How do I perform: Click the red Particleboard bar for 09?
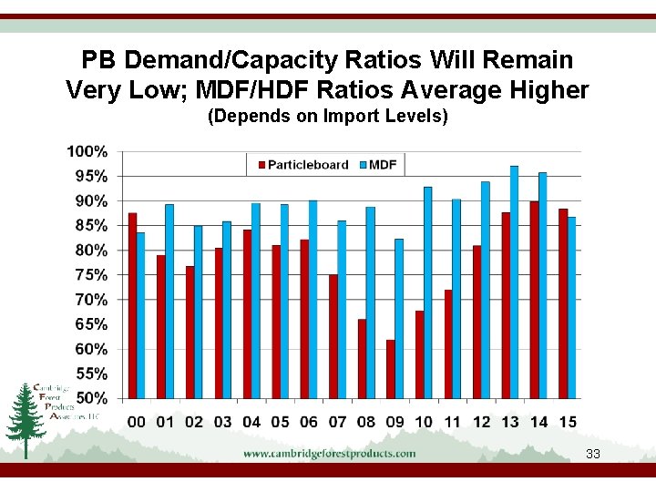pyautogui.click(x=391, y=369)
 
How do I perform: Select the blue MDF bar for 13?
pyautogui.click(x=515, y=282)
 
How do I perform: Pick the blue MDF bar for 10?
pyautogui.click(x=428, y=292)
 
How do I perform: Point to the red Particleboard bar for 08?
pyautogui.click(x=362, y=359)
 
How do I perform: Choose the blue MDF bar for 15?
pyautogui.click(x=571, y=308)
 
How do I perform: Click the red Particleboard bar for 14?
pyautogui.click(x=534, y=300)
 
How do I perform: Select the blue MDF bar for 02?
pyautogui.click(x=199, y=312)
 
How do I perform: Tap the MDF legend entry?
pyautogui.click(x=381, y=165)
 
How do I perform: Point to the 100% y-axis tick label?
pyautogui.click(x=87, y=151)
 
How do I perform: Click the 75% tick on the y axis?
pyautogui.click(x=90, y=275)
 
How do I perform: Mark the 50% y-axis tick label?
pyautogui.click(x=90, y=398)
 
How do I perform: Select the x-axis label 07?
pyautogui.click(x=337, y=422)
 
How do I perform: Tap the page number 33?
pyautogui.click(x=593, y=454)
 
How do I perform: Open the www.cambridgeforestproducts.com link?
pyautogui.click(x=329, y=453)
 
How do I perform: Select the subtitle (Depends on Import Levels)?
pyautogui.click(x=328, y=117)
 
